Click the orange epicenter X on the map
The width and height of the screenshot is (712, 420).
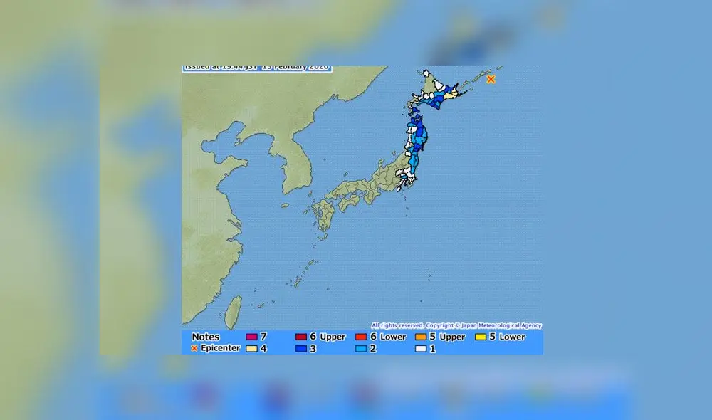tap(491, 79)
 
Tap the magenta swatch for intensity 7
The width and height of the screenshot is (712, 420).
tap(251, 337)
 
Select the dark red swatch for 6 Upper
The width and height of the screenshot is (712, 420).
tap(300, 337)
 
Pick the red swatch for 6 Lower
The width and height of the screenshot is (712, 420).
tap(361, 337)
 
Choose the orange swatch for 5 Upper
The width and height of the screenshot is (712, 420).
tap(421, 337)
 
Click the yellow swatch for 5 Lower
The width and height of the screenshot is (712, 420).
tap(481, 337)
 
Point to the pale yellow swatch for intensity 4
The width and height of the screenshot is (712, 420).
tap(251, 349)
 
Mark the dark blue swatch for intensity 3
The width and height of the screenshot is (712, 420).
tap(300, 349)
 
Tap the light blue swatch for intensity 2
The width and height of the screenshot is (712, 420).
tap(361, 349)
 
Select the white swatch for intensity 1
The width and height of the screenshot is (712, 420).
tap(421, 349)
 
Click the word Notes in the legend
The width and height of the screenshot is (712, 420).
tap(206, 337)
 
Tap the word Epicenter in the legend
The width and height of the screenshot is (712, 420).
tap(221, 348)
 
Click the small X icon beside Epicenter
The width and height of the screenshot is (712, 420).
tap(194, 348)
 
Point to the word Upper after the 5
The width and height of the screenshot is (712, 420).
tap(452, 337)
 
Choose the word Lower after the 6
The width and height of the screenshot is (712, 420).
tap(393, 337)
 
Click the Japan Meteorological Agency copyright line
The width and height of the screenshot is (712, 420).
tap(456, 325)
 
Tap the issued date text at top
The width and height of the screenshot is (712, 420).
tap(256, 68)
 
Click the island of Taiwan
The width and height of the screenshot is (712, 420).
tap(233, 311)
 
